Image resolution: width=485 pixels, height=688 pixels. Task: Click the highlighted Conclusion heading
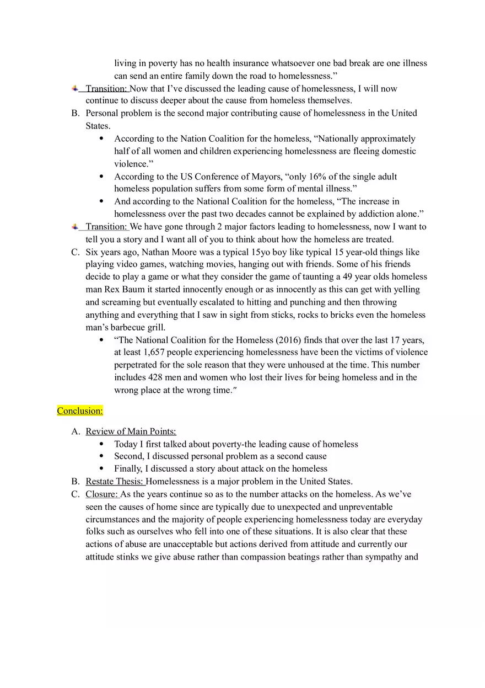pyautogui.click(x=80, y=411)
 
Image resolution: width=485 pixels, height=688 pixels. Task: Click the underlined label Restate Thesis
pyautogui.click(x=114, y=482)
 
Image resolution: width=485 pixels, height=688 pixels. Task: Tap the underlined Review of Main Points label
pyautogui.click(x=131, y=431)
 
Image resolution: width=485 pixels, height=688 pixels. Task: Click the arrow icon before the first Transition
pyautogui.click(x=75, y=88)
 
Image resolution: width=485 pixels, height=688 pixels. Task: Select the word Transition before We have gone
pyautogui.click(x=106, y=227)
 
